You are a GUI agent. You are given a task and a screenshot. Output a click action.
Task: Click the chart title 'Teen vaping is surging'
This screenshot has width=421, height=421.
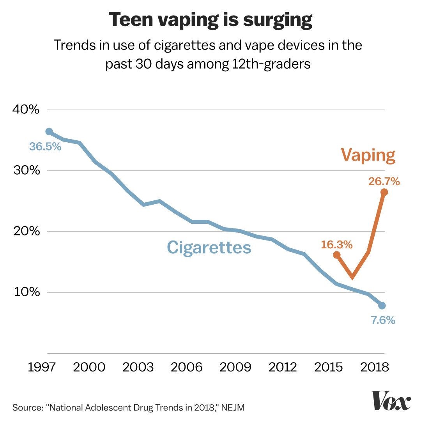tap(210, 20)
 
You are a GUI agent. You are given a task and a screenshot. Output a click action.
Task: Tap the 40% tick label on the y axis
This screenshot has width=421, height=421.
tap(26, 110)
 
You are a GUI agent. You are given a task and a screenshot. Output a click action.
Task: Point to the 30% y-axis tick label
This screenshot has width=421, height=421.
tap(26, 171)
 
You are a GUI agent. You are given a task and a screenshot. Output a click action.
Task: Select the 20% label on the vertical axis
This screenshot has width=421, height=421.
tap(26, 232)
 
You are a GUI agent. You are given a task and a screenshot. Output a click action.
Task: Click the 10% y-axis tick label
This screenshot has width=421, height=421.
tap(26, 292)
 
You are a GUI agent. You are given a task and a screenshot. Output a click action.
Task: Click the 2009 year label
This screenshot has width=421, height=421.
tap(235, 367)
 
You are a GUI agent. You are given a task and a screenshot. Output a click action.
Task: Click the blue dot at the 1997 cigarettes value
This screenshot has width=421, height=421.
tap(49, 132)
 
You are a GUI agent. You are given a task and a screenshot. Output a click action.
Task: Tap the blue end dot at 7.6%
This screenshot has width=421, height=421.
tap(382, 306)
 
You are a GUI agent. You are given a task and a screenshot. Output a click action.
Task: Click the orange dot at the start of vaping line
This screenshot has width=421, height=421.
tap(337, 255)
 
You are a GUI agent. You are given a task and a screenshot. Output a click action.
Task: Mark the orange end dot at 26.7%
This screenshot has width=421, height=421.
tap(384, 192)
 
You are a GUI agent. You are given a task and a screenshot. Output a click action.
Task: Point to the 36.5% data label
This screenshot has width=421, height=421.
tap(45, 147)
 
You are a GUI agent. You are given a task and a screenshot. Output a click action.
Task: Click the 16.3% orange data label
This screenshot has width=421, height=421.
tap(337, 245)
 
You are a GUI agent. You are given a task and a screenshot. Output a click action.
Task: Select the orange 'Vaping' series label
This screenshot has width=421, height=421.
tap(368, 155)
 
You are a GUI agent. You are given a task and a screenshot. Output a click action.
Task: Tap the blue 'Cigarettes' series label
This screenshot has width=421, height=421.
tap(209, 248)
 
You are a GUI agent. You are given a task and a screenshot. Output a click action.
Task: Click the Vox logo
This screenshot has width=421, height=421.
tap(391, 400)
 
